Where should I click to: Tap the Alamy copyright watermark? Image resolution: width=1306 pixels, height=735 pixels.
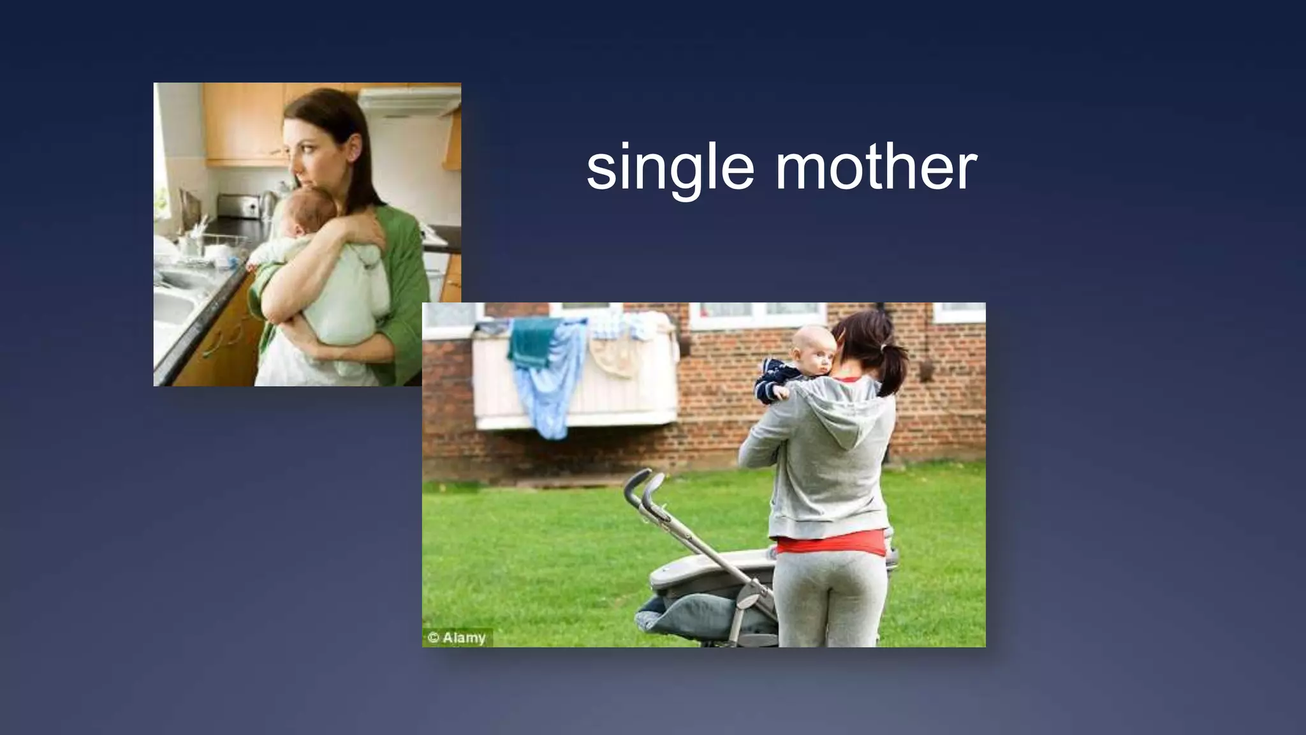tap(457, 637)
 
